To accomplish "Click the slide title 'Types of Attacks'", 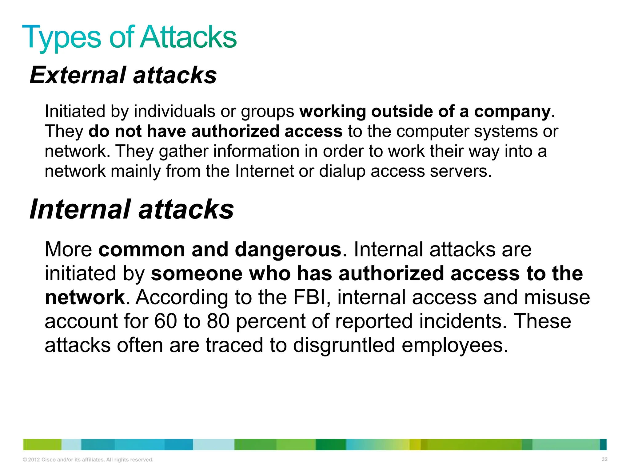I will click(x=129, y=37).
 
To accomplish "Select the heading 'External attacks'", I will click(x=123, y=75).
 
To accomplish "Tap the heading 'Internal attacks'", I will click(x=132, y=209).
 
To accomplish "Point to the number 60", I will click(x=165, y=321).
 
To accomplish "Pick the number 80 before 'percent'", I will click(x=218, y=321).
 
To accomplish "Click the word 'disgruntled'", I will click(x=344, y=345).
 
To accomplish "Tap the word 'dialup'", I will click(x=342, y=171).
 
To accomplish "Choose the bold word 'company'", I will click(x=512, y=112).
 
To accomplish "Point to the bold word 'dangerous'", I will click(x=288, y=250).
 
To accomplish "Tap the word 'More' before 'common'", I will click(x=68, y=250).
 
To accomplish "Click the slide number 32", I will click(x=604, y=459).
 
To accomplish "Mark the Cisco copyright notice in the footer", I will click(x=88, y=460).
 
